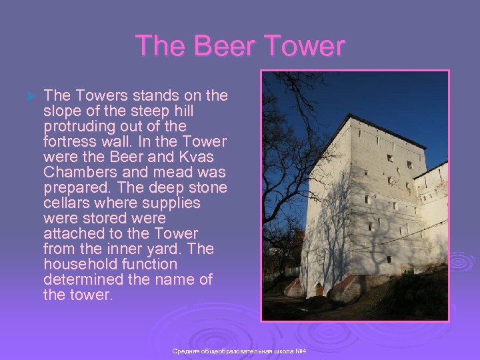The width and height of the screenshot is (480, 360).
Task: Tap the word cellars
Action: click(x=65, y=203)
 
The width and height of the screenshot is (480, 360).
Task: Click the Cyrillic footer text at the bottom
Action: click(x=239, y=351)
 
